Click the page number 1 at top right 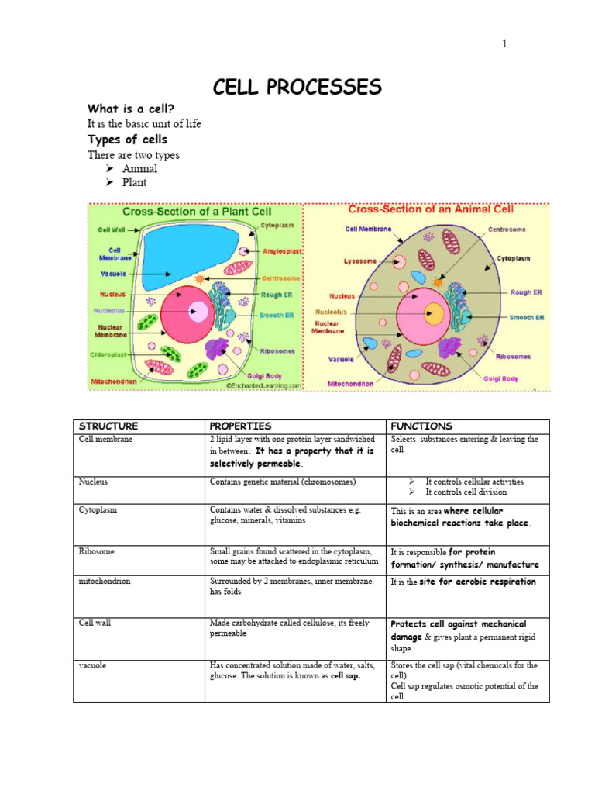pyautogui.click(x=504, y=44)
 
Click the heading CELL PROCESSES pyautogui.click(x=297, y=88)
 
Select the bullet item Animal pyautogui.click(x=139, y=168)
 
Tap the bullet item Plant pyautogui.click(x=134, y=182)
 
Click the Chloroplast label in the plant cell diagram pyautogui.click(x=108, y=354)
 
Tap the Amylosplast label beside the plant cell pyautogui.click(x=281, y=252)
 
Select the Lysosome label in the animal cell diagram pyautogui.click(x=359, y=261)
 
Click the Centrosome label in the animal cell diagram pyautogui.click(x=507, y=230)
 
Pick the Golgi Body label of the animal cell pyautogui.click(x=500, y=378)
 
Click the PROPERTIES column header pyautogui.click(x=240, y=426)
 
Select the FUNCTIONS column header pyautogui.click(x=421, y=426)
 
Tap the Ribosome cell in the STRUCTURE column pyautogui.click(x=97, y=551)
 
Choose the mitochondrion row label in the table pyautogui.click(x=105, y=582)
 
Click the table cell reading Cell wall pyautogui.click(x=95, y=623)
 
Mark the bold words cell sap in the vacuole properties pyautogui.click(x=345, y=676)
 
